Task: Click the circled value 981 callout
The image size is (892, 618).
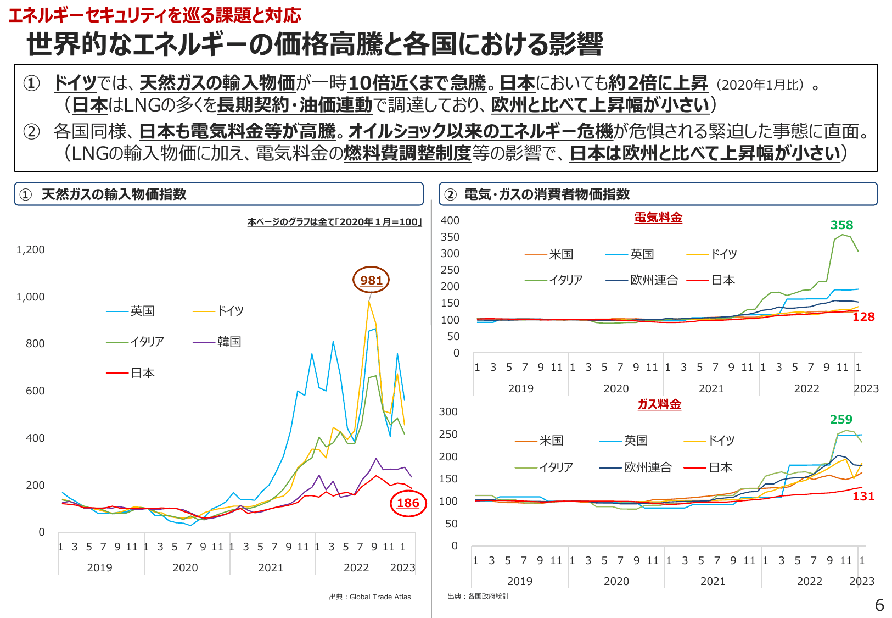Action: click(x=371, y=280)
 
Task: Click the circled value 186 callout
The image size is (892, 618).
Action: click(x=408, y=503)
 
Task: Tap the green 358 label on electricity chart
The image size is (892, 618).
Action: click(x=841, y=225)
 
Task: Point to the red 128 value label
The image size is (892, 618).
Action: click(x=863, y=317)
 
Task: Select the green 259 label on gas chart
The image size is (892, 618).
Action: click(x=841, y=420)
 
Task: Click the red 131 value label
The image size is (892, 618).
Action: click(x=863, y=497)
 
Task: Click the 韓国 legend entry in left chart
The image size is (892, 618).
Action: click(x=228, y=342)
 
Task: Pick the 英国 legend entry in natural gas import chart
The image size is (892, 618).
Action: click(x=142, y=311)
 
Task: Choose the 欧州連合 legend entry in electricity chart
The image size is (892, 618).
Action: click(x=653, y=280)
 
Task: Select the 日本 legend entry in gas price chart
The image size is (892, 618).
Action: click(x=720, y=467)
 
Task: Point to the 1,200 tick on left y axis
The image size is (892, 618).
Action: click(x=30, y=249)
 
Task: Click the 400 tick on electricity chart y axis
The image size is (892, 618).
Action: click(x=450, y=220)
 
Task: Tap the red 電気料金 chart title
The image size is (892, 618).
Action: click(x=658, y=218)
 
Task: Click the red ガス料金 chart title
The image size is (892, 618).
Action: click(x=659, y=404)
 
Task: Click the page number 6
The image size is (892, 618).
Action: click(x=879, y=605)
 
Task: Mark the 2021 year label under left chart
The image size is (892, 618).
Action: click(x=271, y=567)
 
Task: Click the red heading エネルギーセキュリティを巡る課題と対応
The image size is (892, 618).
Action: click(x=155, y=15)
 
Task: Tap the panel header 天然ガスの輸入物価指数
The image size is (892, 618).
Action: click(x=114, y=194)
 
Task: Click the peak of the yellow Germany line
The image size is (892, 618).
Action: click(x=369, y=302)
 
